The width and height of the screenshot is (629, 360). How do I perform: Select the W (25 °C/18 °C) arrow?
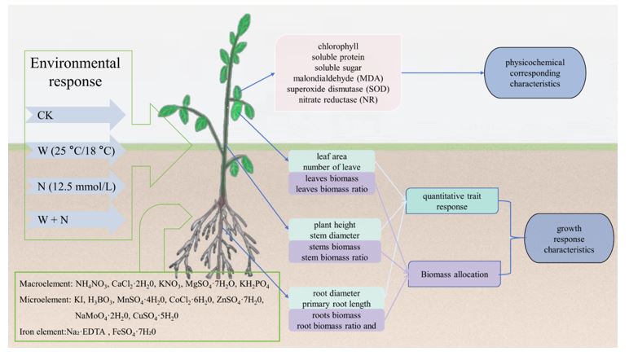coord(73,150)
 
